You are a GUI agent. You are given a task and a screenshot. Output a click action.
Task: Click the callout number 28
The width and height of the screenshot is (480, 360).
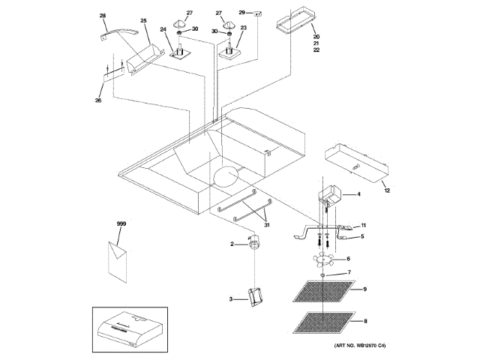tap(103, 15)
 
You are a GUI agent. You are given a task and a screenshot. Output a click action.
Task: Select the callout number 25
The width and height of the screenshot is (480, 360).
tap(143, 20)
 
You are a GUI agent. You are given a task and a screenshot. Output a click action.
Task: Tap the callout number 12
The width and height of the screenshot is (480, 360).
tap(387, 190)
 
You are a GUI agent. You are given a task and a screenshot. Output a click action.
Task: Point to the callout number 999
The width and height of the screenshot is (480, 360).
tap(121, 224)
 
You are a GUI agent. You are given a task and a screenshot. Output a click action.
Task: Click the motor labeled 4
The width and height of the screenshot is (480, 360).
tap(328, 199)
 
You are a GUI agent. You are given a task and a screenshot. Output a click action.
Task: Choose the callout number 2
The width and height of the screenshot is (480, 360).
tap(232, 243)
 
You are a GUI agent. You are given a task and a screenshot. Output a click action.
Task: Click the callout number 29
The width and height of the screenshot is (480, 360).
tap(242, 13)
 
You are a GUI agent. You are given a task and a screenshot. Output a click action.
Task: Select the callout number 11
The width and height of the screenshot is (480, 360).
tap(362, 225)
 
